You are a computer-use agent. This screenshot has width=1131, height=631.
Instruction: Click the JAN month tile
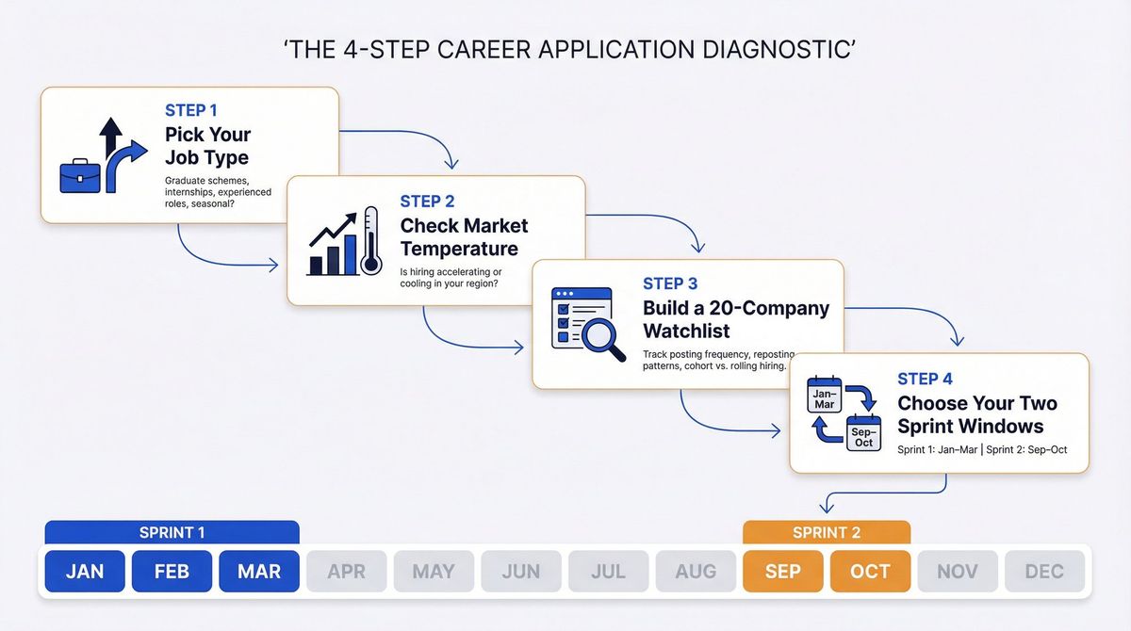(85, 572)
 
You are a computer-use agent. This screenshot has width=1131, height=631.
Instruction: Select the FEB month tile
(172, 572)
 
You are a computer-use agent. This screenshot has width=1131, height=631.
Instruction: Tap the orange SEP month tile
(782, 572)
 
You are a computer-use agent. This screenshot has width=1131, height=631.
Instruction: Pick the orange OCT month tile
(870, 572)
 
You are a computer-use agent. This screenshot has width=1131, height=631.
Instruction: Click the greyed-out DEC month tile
(1044, 572)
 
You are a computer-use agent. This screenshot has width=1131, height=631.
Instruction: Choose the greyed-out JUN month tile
(521, 572)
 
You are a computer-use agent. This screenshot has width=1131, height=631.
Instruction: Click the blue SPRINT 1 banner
(172, 533)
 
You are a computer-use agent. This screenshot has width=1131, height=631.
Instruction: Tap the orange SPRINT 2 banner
(827, 533)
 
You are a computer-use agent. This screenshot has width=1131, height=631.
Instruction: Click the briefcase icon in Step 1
(80, 176)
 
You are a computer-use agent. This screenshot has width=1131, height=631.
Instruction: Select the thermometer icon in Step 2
(369, 240)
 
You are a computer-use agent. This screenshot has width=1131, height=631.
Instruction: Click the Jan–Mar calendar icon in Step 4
(825, 396)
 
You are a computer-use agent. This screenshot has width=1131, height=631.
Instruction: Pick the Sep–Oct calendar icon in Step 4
(863, 434)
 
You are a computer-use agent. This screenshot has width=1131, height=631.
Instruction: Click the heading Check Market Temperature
(464, 237)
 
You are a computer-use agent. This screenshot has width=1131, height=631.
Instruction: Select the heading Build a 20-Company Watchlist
(735, 319)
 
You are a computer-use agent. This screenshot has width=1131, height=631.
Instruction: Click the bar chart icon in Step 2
(333, 247)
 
